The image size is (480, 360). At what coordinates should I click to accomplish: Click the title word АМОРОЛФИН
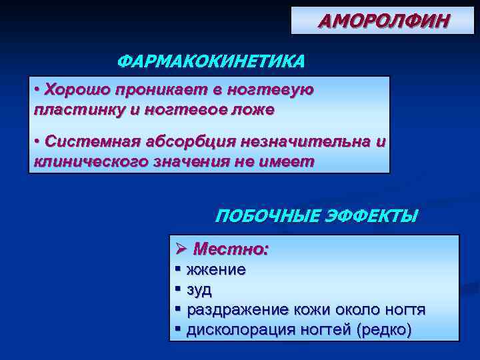pyautogui.click(x=384, y=21)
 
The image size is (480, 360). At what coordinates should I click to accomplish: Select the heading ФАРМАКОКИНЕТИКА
pyautogui.click(x=211, y=62)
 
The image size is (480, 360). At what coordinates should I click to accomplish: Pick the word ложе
pyautogui.click(x=252, y=110)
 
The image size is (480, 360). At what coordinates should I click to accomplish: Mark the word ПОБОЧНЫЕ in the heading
pyautogui.click(x=266, y=217)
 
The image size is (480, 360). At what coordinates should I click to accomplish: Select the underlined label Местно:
pyautogui.click(x=231, y=249)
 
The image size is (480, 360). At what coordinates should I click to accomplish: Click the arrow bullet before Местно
pyautogui.click(x=181, y=249)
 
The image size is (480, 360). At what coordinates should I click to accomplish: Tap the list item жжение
pyautogui.click(x=216, y=270)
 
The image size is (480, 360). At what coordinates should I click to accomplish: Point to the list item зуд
pyautogui.click(x=199, y=290)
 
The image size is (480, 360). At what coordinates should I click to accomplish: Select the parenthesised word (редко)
pyautogui.click(x=384, y=329)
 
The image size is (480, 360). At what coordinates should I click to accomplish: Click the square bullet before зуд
pyautogui.click(x=178, y=290)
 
